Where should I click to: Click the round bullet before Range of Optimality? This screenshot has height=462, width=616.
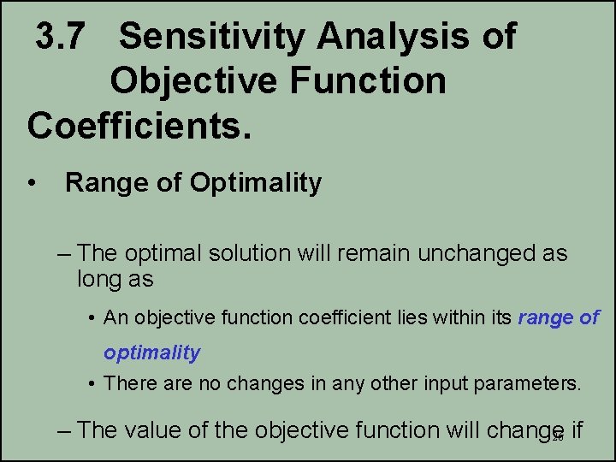click(32, 183)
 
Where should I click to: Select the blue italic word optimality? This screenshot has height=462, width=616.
click(151, 352)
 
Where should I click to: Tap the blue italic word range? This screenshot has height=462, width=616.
click(546, 318)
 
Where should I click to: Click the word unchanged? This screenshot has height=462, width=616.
click(475, 254)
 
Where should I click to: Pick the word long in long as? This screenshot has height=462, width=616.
click(104, 279)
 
